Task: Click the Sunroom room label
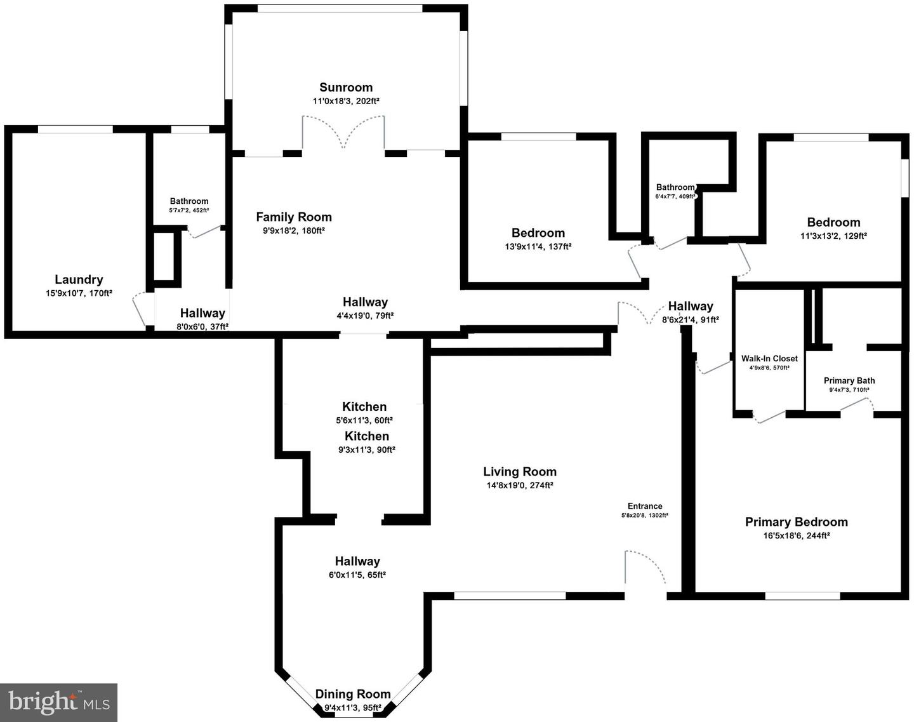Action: [346, 88]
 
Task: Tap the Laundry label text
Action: [79, 279]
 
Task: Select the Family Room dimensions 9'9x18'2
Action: [294, 231]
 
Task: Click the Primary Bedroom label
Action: [796, 522]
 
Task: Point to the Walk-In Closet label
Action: [769, 359]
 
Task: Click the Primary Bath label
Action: [849, 381]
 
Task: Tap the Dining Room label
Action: [353, 694]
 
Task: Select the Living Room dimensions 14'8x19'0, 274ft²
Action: [520, 486]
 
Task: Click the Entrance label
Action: [645, 506]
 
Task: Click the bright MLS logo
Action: [59, 702]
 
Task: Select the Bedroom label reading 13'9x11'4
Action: [538, 233]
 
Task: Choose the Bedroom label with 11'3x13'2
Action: [833, 222]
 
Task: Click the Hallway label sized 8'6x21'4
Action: [691, 307]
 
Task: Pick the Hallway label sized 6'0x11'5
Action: [357, 561]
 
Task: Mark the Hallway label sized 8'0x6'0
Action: [202, 313]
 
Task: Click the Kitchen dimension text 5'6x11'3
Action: [364, 420]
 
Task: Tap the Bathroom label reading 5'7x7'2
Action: [189, 201]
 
